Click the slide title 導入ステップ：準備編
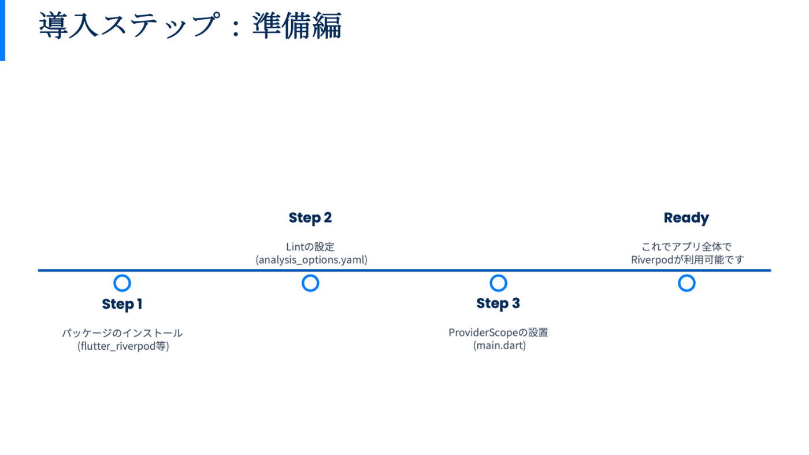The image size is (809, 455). tap(190, 26)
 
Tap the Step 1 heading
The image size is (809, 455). tap(122, 304)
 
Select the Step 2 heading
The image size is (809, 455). tap(310, 218)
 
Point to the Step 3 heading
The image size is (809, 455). tap(498, 304)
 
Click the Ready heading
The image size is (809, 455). tap(686, 218)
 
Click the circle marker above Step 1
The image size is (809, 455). tap(122, 283)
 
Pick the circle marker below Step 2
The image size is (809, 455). tap(310, 283)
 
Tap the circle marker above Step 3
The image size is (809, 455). tap(498, 283)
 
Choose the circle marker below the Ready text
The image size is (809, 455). tap(686, 283)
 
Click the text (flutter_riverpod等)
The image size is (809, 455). tap(123, 346)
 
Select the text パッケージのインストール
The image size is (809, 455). tap(122, 333)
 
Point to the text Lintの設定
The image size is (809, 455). tap(310, 247)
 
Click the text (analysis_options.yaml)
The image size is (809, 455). tap(311, 260)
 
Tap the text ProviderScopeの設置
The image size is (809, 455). tap(498, 332)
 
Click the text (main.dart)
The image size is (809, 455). tap(499, 346)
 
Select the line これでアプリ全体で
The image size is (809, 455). tap(686, 247)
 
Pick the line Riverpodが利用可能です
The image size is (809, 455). tap(687, 260)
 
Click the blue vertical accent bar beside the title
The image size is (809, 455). tap(2, 30)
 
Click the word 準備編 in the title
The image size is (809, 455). tap(297, 26)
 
